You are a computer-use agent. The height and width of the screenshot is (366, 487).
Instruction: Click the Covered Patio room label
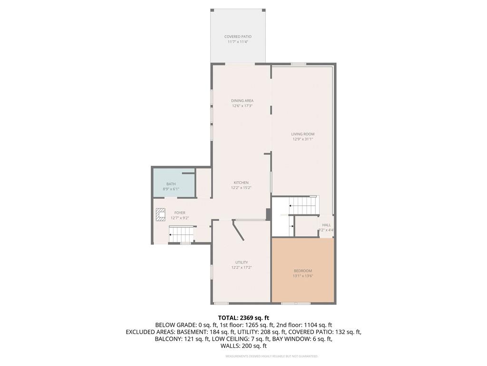tap(238, 37)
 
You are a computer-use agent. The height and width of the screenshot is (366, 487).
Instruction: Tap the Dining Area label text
tap(242, 101)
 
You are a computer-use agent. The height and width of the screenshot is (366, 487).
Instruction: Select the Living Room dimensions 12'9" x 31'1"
tap(303, 139)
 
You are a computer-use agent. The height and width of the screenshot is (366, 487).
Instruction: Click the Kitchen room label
tap(241, 183)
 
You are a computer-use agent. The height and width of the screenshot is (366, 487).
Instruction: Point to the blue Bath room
tap(172, 186)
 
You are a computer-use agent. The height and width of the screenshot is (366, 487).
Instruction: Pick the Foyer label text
tap(180, 213)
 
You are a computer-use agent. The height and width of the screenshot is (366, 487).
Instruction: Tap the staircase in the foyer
tap(182, 234)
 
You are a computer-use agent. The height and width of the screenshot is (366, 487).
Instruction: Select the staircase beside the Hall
tap(304, 205)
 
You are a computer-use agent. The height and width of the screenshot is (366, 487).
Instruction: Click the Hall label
tap(327, 225)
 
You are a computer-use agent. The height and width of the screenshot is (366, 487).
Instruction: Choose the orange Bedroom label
tap(303, 271)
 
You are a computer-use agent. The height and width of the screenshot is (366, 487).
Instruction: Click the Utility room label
tap(241, 262)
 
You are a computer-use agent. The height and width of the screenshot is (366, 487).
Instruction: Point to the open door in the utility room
tap(238, 231)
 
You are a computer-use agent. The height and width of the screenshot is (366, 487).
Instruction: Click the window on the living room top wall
tap(298, 64)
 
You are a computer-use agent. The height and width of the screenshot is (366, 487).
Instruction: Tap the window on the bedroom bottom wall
tap(295, 303)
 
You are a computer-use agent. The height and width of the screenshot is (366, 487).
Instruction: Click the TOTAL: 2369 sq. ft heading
tap(243, 317)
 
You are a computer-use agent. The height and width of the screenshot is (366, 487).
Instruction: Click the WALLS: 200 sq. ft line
tap(243, 346)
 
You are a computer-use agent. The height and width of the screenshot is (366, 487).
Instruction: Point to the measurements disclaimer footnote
tap(272, 356)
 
